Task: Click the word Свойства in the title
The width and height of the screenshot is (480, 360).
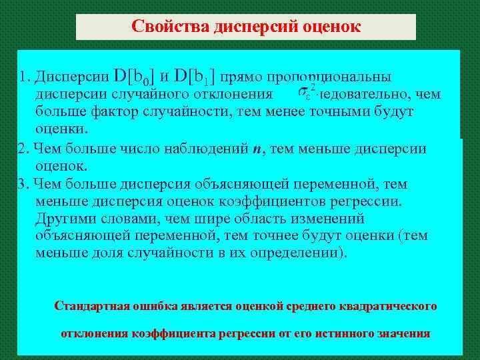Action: [170, 27]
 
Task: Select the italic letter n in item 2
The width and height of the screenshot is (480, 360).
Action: [257, 149]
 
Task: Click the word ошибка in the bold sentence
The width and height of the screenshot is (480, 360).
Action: [152, 306]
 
